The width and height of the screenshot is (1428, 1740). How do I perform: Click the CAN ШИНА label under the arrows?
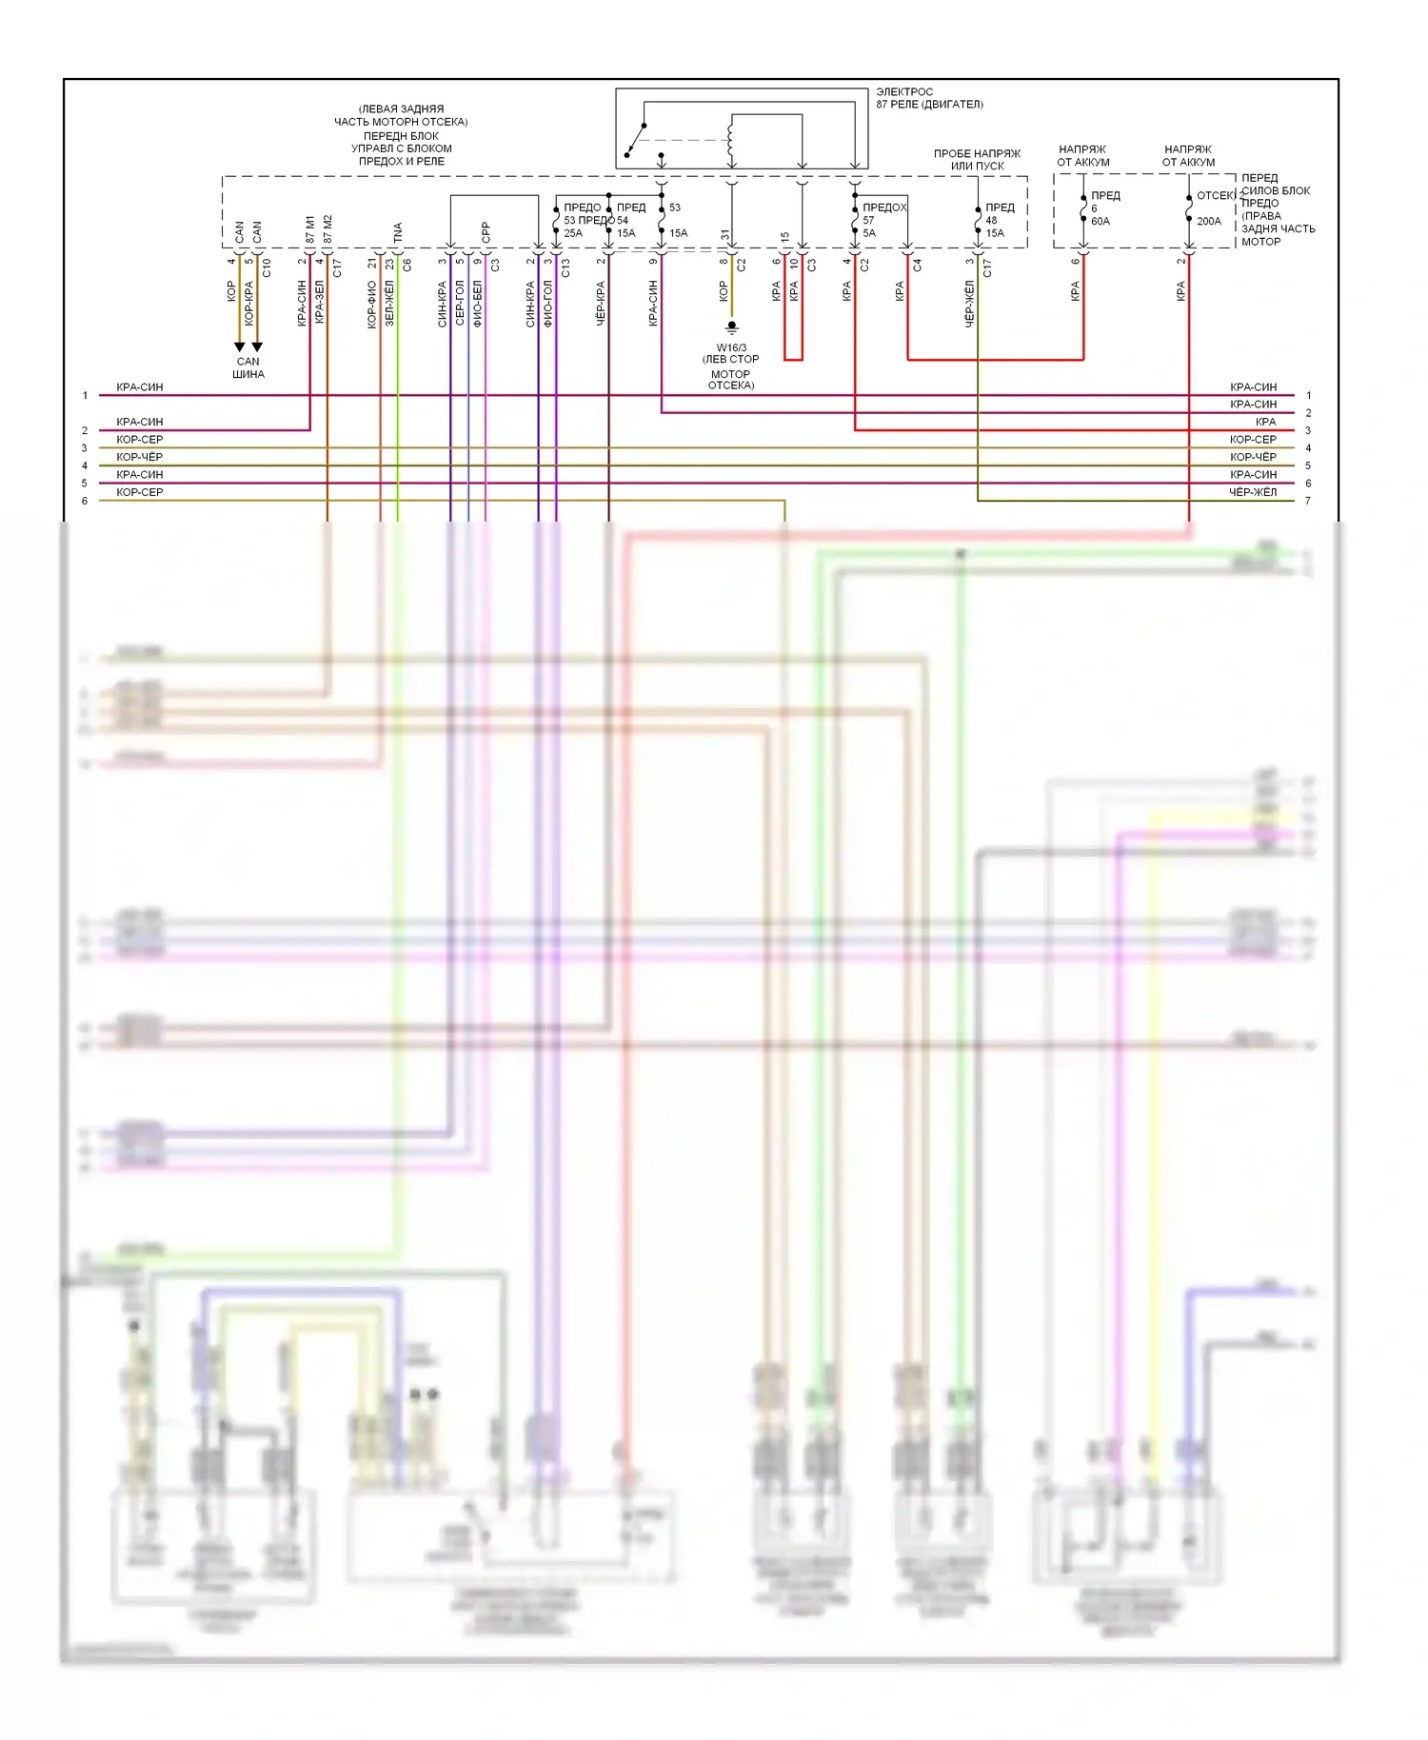coord(248,367)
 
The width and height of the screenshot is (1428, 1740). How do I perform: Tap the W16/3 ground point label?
coord(731,348)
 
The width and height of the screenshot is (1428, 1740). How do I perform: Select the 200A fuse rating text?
coord(1209,221)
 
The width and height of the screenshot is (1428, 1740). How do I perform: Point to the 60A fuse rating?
coord(1101,221)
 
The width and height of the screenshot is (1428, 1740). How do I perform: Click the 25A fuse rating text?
coord(573,233)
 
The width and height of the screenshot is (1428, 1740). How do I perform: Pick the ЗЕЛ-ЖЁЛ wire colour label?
coord(389,304)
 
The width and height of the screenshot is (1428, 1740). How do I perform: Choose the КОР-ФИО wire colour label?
coord(372,304)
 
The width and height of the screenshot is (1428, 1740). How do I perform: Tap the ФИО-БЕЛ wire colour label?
coord(477,304)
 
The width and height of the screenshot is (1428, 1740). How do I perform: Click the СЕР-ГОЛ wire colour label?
coord(460,304)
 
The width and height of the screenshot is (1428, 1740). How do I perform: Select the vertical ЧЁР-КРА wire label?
coord(601,304)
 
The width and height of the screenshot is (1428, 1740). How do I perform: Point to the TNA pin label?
coord(398,232)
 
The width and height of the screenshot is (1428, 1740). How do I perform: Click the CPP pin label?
coord(486,232)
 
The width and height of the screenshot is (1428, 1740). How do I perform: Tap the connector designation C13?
coord(565,267)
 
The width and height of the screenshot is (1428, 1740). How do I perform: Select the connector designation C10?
coord(267,267)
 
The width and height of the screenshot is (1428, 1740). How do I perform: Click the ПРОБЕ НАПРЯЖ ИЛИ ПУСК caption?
coord(977,159)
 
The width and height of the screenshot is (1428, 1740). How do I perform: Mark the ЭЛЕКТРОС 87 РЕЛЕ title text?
coord(928,98)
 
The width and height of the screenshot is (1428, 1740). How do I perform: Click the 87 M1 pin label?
coord(310,229)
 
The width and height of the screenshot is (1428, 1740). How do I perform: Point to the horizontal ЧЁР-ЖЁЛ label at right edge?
coord(1253,492)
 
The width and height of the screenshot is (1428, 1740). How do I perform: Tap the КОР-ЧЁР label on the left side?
coord(140,457)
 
